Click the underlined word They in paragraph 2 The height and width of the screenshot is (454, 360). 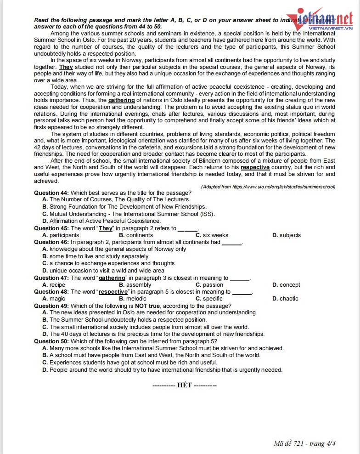tap(66, 67)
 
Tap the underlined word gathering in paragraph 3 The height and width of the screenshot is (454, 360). tap(121, 100)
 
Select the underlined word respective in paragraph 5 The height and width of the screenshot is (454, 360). tap(255, 168)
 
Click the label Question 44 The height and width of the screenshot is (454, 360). tap(51, 193)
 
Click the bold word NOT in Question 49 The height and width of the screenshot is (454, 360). tap(141, 306)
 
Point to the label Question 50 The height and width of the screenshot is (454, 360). tap(51, 341)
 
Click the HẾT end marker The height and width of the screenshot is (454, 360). tap(184, 385)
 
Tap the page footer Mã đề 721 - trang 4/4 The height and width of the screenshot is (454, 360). tap(304, 443)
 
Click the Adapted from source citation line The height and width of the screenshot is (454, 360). tap(268, 187)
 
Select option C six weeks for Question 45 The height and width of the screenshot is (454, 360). tap(212, 235)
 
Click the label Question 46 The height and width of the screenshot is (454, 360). tap(51, 242)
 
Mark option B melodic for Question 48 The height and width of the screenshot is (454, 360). tap(133, 299)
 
